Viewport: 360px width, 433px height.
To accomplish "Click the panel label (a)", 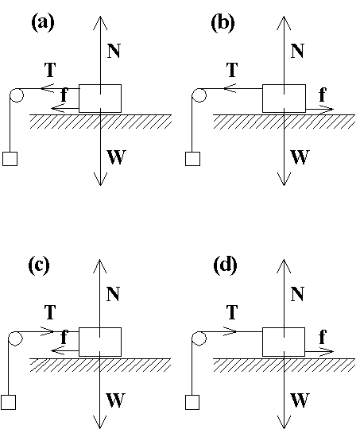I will coord(41,23).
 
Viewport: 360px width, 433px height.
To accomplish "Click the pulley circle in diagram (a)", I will coord(15,97).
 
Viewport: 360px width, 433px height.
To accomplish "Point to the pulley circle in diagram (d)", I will coord(199,340).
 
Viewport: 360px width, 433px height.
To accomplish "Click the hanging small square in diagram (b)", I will coord(192,158).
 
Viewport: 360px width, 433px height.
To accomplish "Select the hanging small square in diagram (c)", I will coord(10,401).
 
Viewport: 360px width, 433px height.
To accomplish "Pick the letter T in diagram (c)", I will coord(50,312).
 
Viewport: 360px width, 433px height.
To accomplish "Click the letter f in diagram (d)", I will coord(322,338).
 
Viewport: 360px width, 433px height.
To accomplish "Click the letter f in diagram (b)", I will coord(322,95).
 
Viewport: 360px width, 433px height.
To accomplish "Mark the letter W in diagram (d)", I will coord(299,400).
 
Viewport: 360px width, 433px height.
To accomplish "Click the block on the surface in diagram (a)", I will coord(99,99).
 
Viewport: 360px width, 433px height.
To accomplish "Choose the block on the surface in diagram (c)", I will coord(99,341).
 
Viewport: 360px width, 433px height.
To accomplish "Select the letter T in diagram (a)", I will coord(50,70).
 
